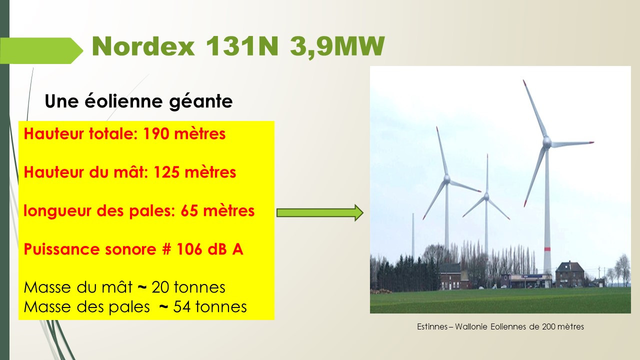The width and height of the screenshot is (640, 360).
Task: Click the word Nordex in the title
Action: [x=143, y=46]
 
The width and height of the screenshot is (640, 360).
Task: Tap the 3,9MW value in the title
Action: [x=337, y=47]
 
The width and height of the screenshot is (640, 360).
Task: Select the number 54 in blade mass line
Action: [x=182, y=307]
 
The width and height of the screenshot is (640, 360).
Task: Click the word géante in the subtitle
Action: [x=201, y=101]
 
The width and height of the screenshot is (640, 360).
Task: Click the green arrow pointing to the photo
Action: [x=320, y=212]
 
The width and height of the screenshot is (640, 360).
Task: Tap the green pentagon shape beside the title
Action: [x=41, y=50]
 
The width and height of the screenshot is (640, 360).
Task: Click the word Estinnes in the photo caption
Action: [x=432, y=326]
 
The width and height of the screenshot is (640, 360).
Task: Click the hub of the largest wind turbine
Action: [x=547, y=142]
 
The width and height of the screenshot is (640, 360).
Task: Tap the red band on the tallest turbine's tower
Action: [x=547, y=249]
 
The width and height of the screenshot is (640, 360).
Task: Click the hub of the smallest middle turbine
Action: [x=486, y=196]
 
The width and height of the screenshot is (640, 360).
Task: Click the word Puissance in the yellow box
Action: [x=62, y=249]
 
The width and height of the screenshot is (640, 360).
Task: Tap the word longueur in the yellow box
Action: [x=58, y=211]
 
